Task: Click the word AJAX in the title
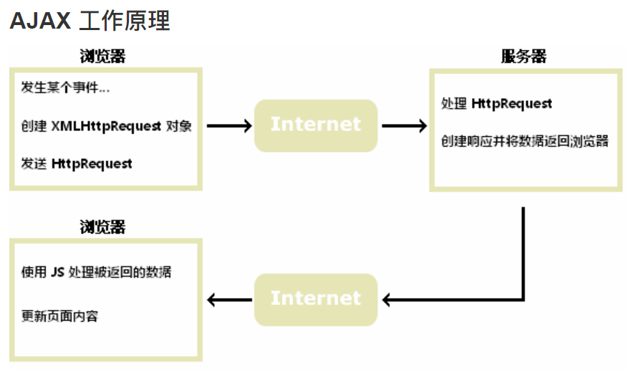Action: tap(40, 21)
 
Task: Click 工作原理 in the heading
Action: tap(125, 21)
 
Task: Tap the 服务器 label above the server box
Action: tap(523, 57)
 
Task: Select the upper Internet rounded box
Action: tap(316, 125)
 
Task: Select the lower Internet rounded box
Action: tap(316, 299)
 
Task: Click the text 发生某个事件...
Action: tap(65, 88)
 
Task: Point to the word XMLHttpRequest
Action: tap(106, 126)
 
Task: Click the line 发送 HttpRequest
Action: tap(77, 163)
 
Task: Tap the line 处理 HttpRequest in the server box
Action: tap(497, 104)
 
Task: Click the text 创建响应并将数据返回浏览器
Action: tap(525, 141)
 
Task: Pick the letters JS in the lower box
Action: tap(58, 272)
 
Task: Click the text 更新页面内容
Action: tap(59, 315)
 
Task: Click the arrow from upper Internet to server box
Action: tap(405, 125)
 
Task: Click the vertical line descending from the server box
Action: tap(523, 251)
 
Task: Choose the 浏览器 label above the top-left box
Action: tap(102, 57)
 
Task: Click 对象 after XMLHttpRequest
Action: tap(179, 126)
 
